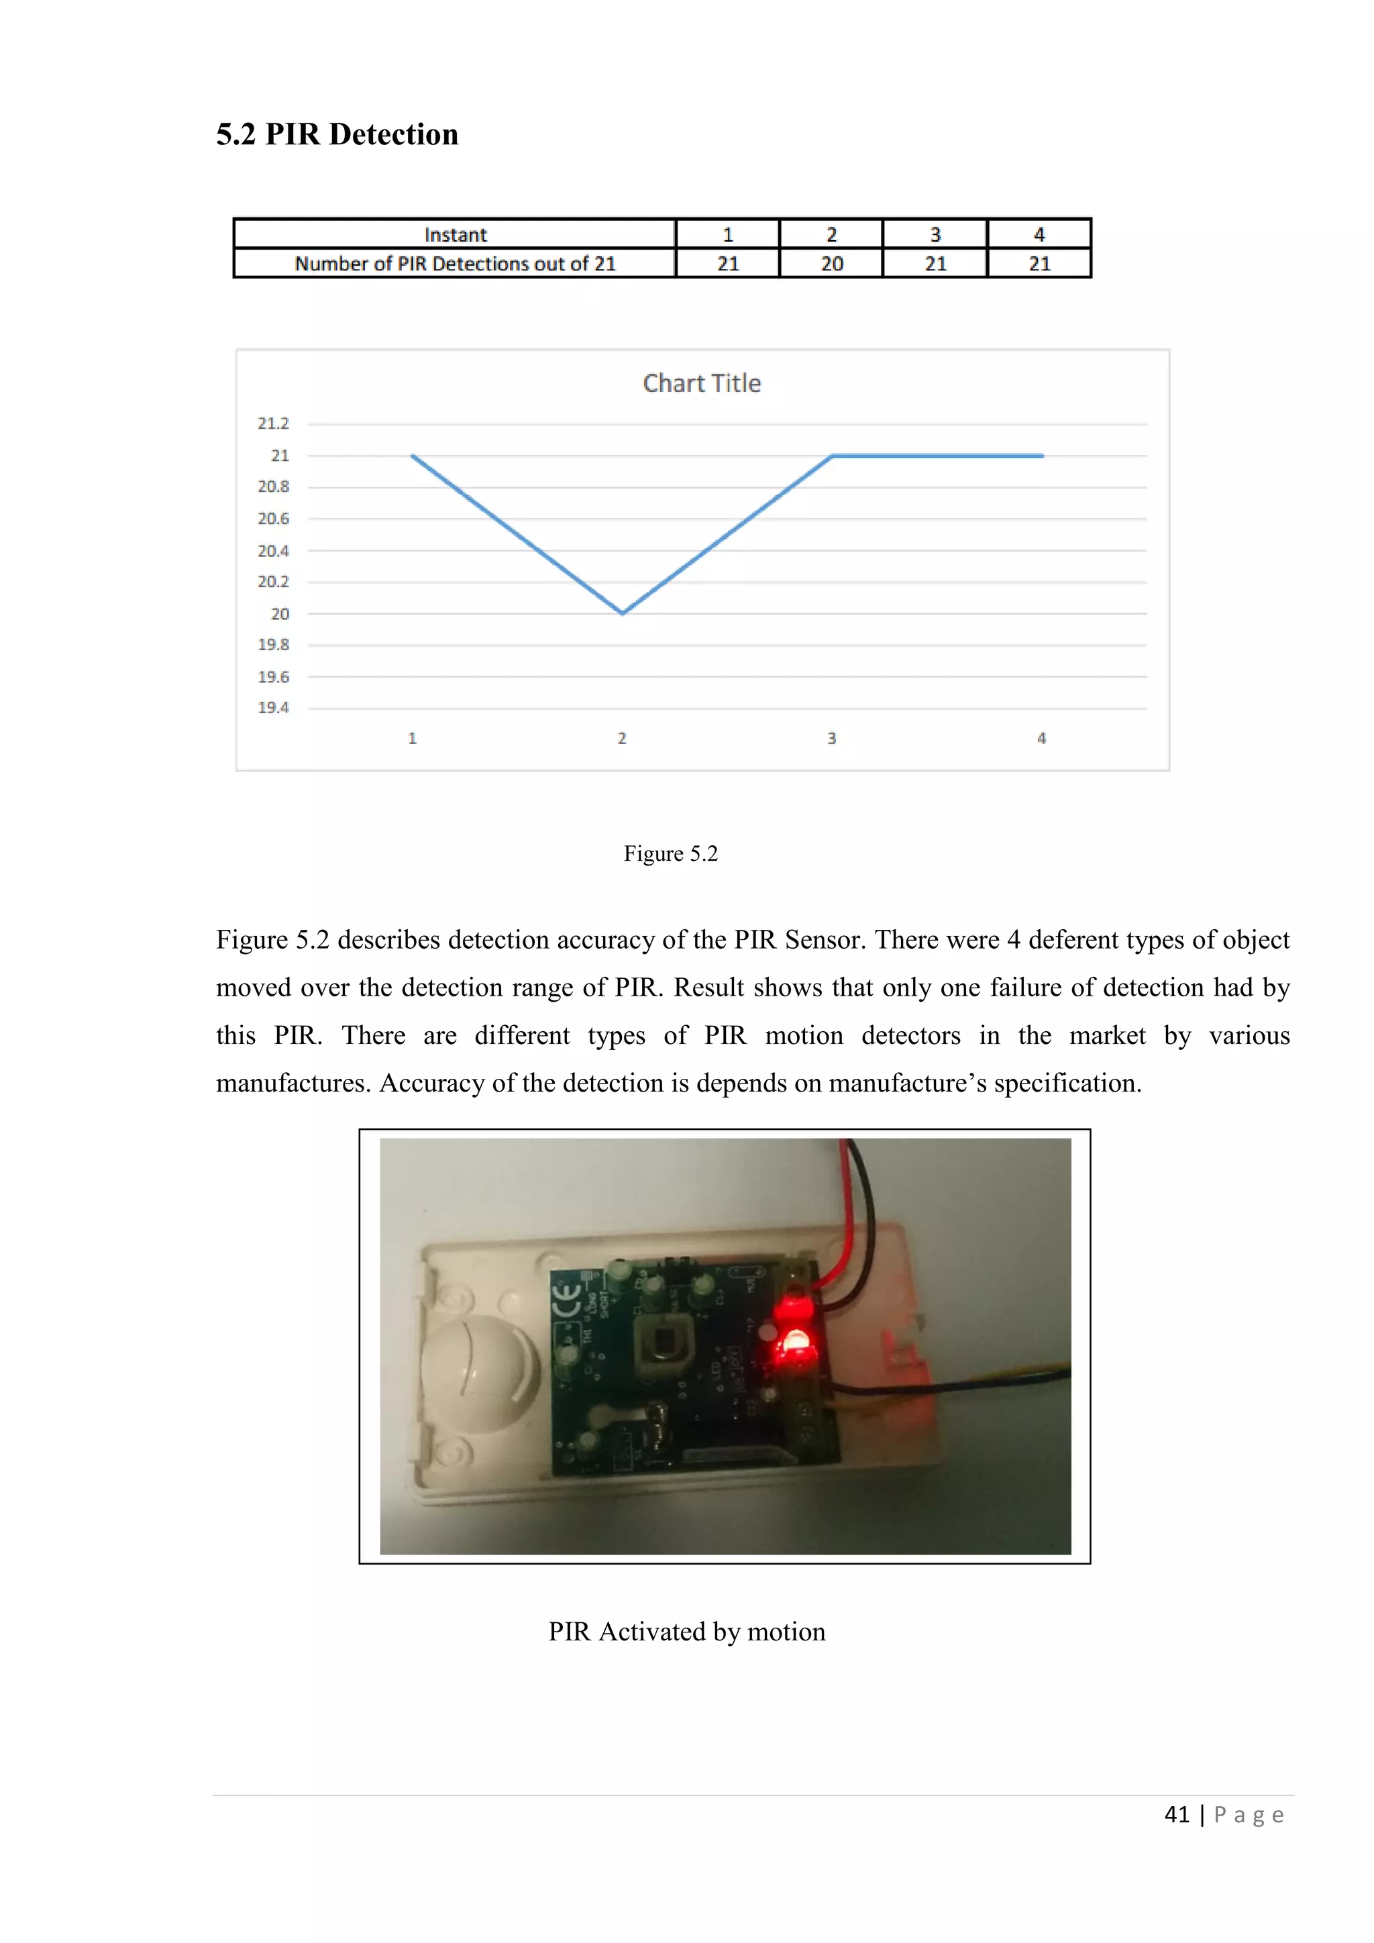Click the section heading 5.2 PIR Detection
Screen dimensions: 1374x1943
coord(337,135)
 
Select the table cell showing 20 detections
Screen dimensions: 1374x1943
coord(831,263)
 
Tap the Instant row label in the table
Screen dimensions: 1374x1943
coord(455,234)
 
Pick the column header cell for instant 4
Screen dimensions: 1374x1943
coord(1039,234)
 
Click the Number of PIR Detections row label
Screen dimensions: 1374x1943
coord(455,263)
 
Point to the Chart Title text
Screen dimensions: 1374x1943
coord(701,383)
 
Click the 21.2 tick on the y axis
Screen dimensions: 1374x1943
coord(273,423)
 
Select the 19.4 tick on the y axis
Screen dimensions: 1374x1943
coord(273,707)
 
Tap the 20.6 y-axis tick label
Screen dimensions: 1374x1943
coord(273,519)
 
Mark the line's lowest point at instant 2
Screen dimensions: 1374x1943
coord(623,613)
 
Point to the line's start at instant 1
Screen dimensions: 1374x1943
coord(413,456)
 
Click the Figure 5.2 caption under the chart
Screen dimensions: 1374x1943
coord(670,853)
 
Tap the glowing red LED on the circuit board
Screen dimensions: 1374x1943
coord(795,1342)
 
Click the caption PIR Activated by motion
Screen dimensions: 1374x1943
coord(686,1631)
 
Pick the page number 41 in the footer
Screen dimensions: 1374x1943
coord(1177,1814)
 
